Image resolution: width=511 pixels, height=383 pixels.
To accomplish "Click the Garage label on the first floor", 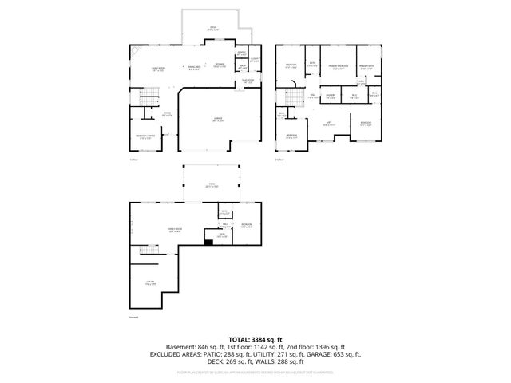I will (x=217, y=118).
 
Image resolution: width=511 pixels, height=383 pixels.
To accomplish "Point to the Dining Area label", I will (x=194, y=69).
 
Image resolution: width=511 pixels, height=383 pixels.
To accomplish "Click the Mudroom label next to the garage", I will (x=248, y=81).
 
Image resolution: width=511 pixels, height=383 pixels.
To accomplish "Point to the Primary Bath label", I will (x=366, y=65).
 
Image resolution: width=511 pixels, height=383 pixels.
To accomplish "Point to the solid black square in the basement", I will (x=209, y=243).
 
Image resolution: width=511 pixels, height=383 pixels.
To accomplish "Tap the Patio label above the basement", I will (x=212, y=184).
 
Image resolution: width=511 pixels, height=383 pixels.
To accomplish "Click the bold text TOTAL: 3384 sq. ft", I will (x=255, y=339).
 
